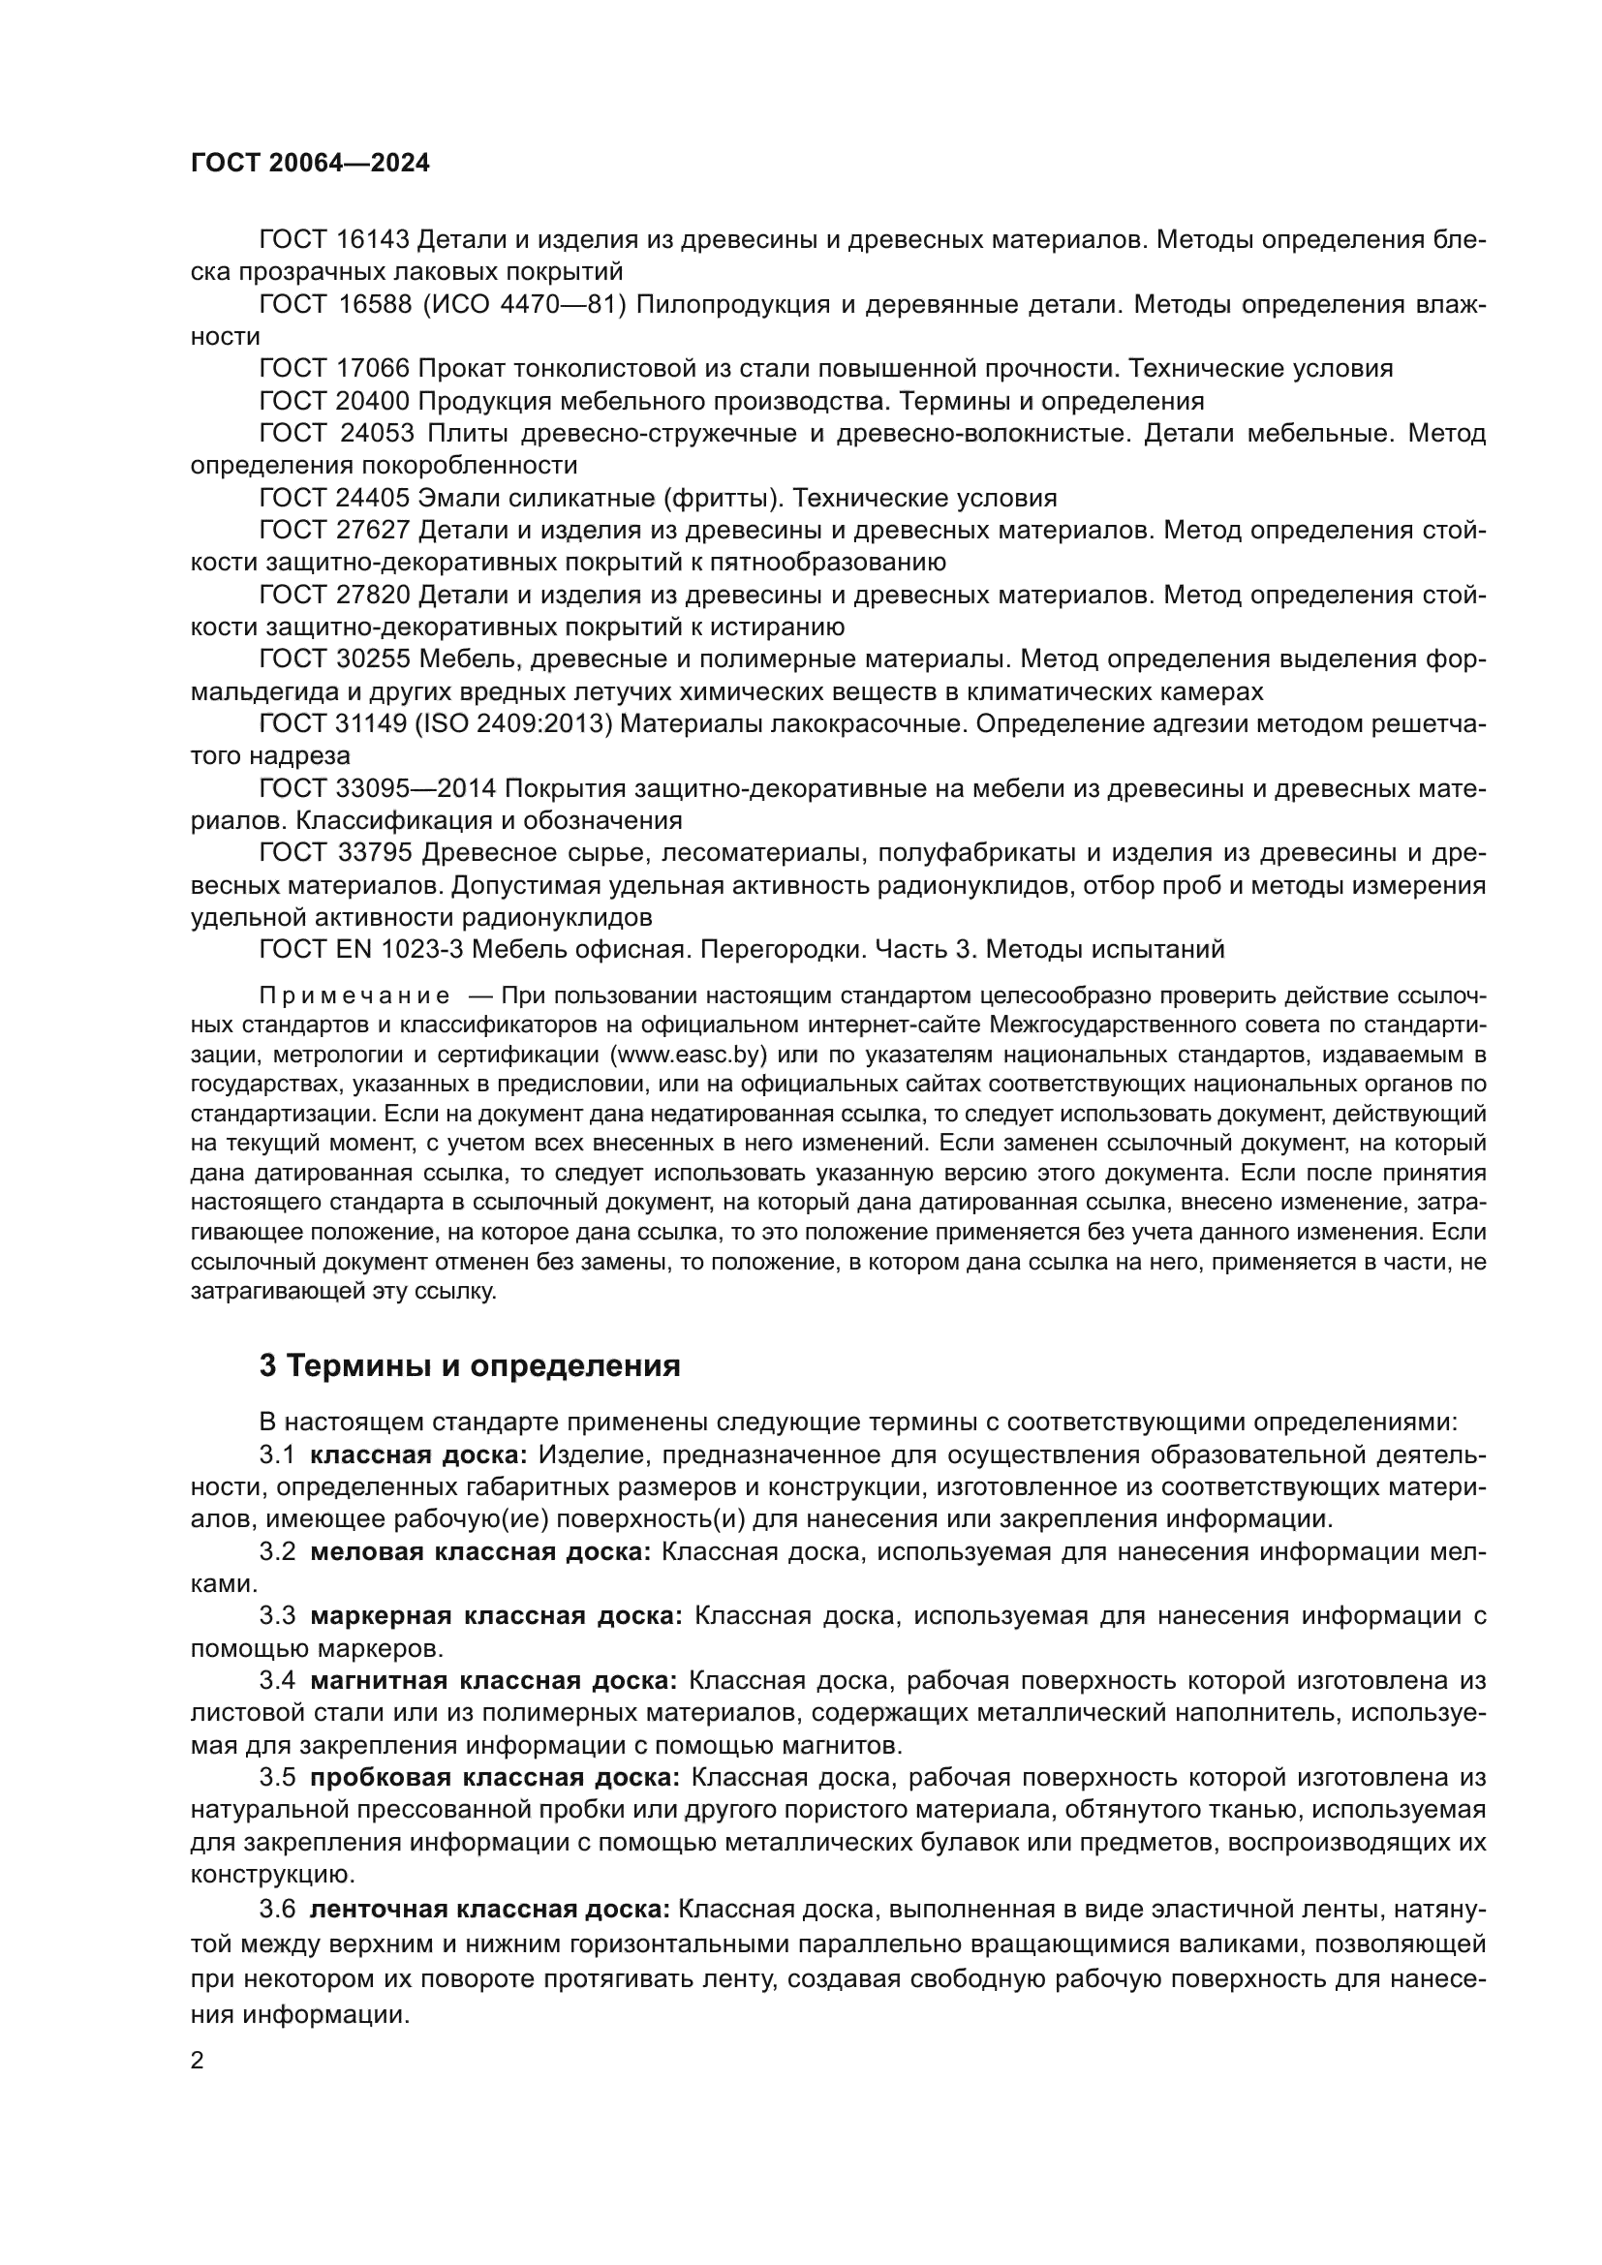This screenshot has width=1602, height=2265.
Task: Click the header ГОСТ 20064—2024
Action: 310,164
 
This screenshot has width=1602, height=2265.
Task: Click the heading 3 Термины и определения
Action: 470,1366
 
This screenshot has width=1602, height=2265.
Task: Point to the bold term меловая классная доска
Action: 480,1551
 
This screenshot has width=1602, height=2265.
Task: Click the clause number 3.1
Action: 277,1455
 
